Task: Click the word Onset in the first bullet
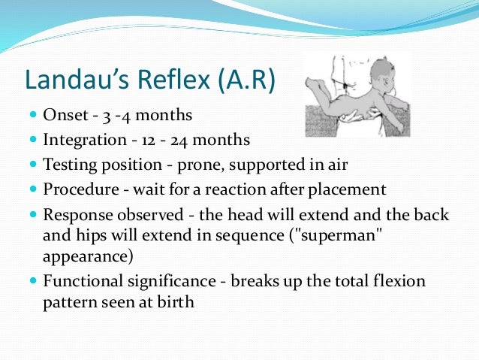point(65,116)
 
